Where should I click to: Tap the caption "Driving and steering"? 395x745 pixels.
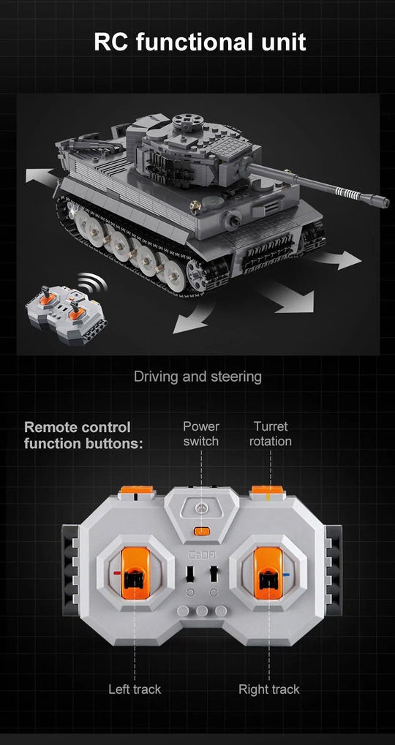197,377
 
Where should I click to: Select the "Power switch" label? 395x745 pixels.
201,434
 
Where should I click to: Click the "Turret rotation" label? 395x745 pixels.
270,434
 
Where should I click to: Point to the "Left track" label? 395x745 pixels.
135,689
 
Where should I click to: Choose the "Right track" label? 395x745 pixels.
268,689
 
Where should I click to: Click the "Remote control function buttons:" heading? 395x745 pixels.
83,435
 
